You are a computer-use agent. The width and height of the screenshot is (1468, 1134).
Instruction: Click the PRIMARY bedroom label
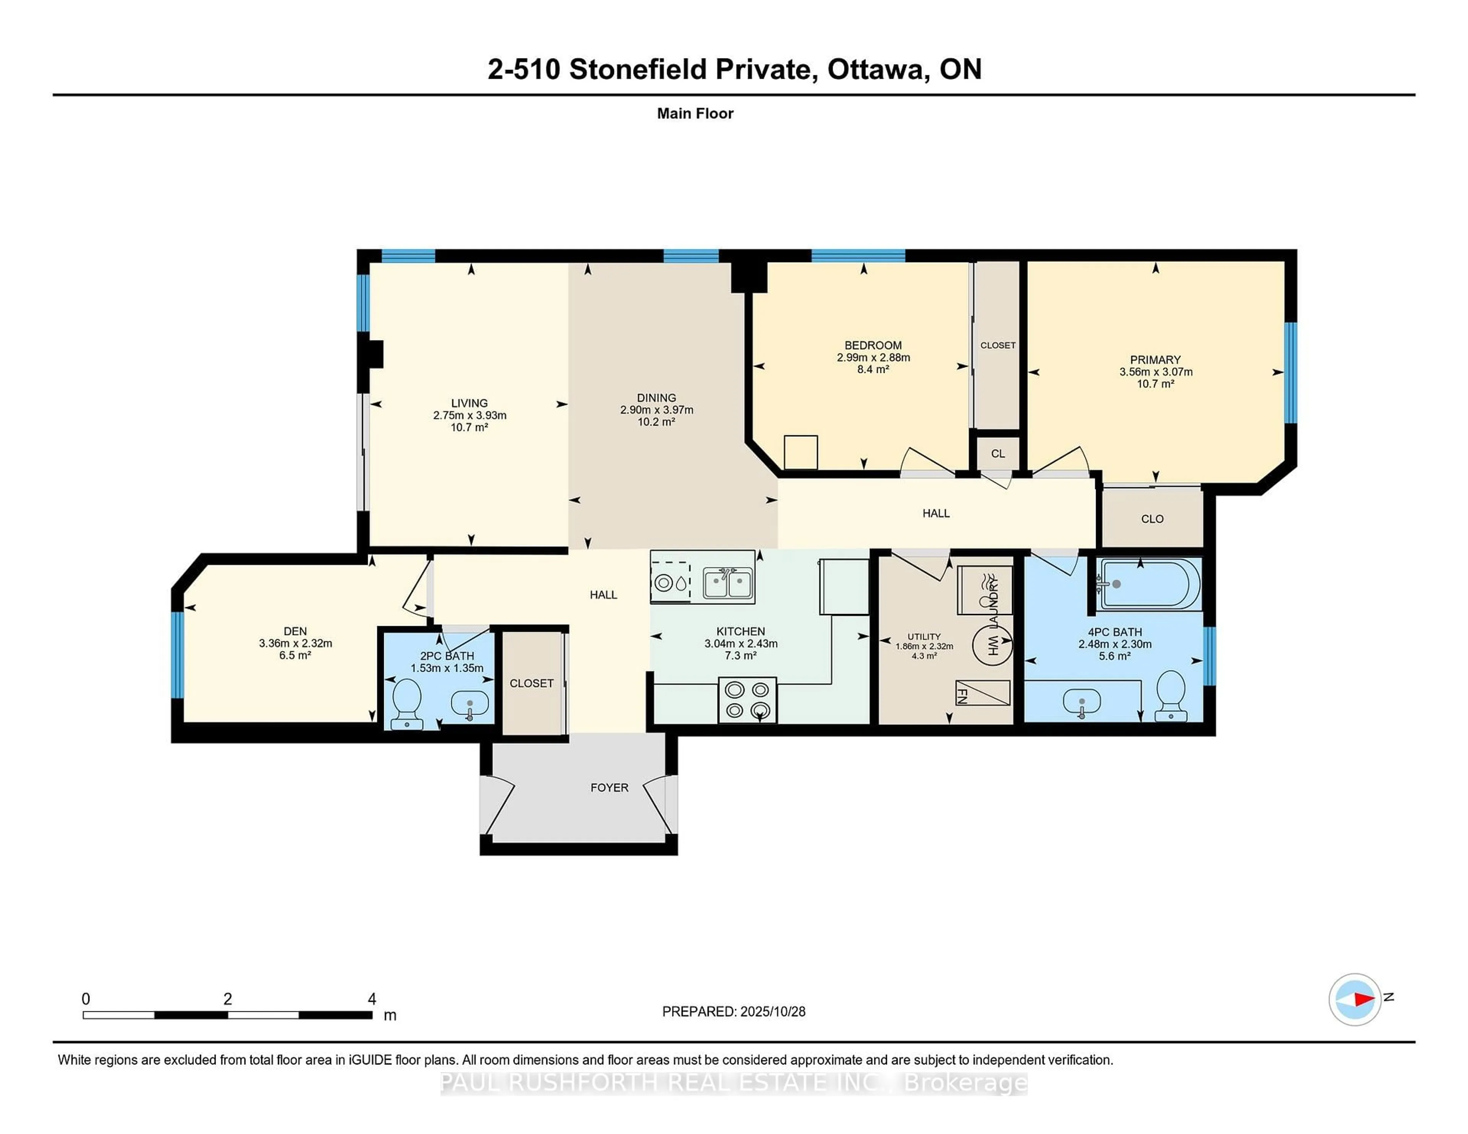coord(1155,360)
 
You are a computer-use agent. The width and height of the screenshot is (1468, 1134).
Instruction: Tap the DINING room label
coord(656,398)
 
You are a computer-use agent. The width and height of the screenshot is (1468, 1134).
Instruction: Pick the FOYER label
coord(609,787)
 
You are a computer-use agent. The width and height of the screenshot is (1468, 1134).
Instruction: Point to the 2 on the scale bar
coord(228,999)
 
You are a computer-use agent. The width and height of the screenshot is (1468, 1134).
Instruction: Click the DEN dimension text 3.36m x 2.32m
coord(295,643)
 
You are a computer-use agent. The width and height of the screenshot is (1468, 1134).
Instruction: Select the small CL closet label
coord(997,454)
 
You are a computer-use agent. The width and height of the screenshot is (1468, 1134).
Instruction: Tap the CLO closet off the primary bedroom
coord(1152,518)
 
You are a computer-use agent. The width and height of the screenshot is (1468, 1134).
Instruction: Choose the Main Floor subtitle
coord(695,113)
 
